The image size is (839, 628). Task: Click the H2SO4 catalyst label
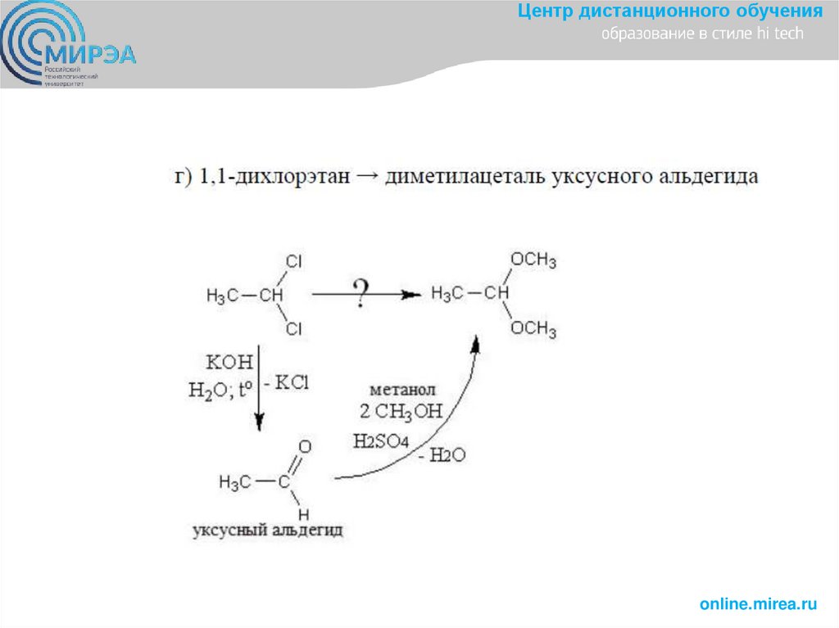pyautogui.click(x=381, y=441)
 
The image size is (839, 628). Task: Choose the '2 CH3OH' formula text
pyautogui.click(x=401, y=412)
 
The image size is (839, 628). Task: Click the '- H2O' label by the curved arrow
pyautogui.click(x=442, y=456)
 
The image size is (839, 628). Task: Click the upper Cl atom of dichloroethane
pyautogui.click(x=294, y=262)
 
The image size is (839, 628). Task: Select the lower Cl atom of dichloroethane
pyautogui.click(x=294, y=328)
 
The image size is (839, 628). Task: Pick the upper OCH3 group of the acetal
pyautogui.click(x=533, y=260)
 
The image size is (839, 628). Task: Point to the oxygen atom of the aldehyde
pyautogui.click(x=305, y=447)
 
